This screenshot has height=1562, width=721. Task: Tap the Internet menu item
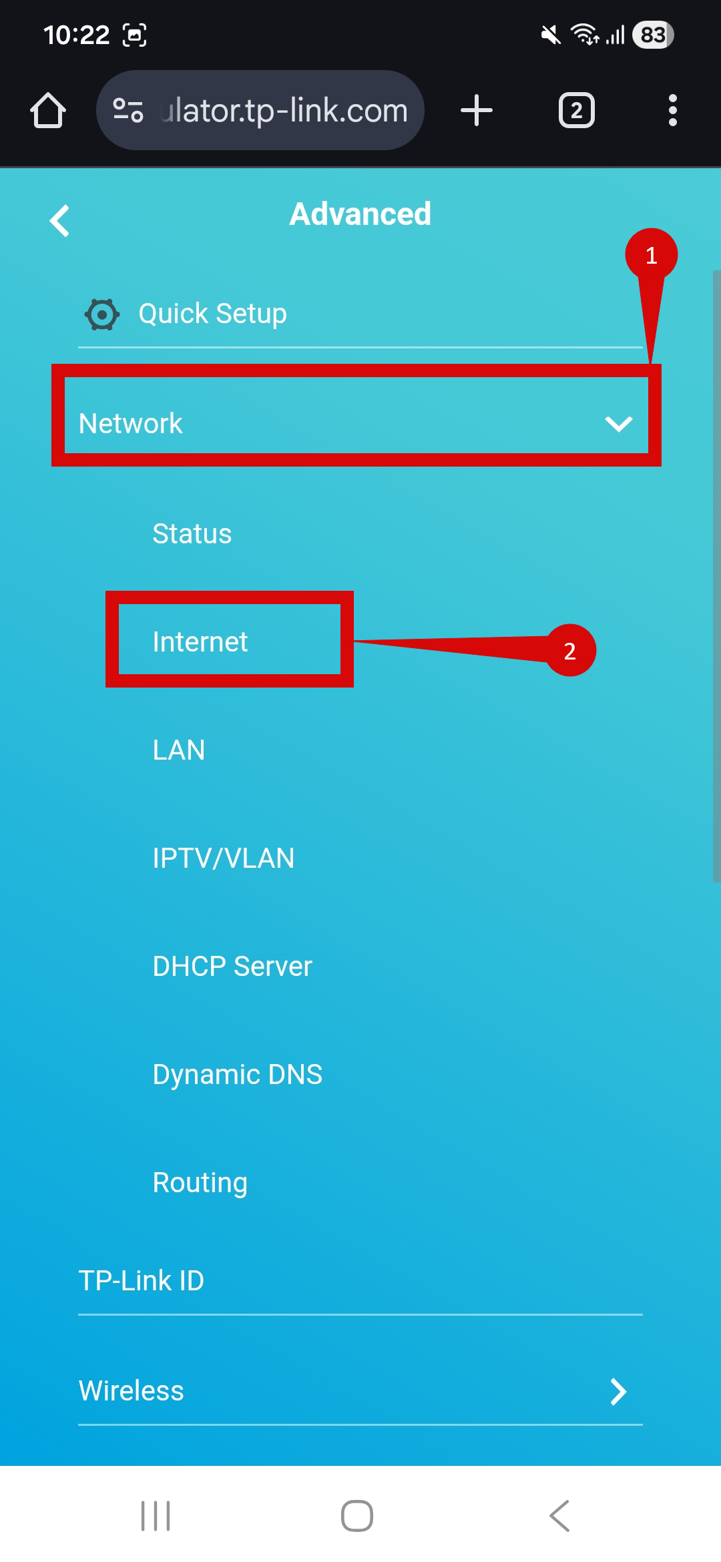(x=200, y=641)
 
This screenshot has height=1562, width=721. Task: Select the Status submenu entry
(x=192, y=533)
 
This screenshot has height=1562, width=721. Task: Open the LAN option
(x=179, y=750)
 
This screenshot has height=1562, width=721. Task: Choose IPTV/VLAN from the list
(x=224, y=858)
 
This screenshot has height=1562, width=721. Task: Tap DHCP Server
(x=232, y=966)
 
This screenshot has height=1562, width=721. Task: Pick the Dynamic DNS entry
(x=238, y=1074)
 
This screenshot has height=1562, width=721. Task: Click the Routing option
(x=200, y=1182)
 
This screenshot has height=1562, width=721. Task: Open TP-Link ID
(x=142, y=1280)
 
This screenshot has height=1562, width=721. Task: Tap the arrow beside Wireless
(x=618, y=1392)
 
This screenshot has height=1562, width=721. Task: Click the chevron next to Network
(x=618, y=424)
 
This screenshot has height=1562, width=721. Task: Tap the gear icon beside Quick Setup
(x=102, y=314)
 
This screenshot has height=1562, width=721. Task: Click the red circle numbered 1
(x=651, y=255)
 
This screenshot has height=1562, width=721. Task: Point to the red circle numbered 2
(x=570, y=651)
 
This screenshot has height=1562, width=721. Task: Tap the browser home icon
(x=48, y=110)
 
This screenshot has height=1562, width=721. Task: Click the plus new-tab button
(x=477, y=110)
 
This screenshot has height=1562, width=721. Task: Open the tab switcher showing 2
(x=577, y=110)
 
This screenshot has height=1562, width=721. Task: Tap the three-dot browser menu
(x=672, y=110)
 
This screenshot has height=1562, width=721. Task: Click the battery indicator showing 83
(x=653, y=35)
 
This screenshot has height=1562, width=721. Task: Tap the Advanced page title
(x=360, y=214)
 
